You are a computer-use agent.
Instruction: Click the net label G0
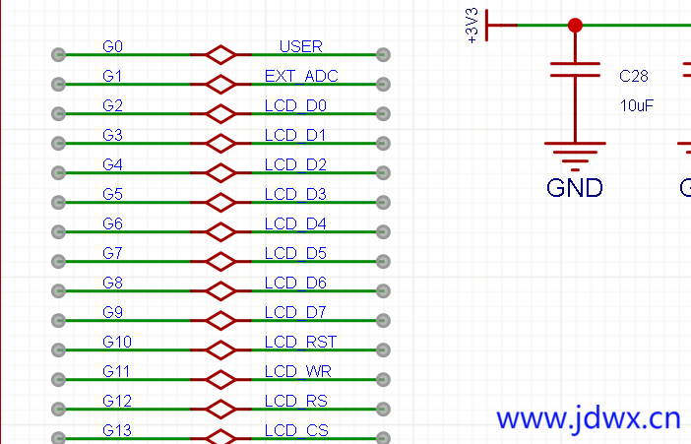click(112, 46)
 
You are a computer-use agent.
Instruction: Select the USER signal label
click(300, 46)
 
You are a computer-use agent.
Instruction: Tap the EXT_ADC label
click(301, 76)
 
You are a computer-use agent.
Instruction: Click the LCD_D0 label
click(295, 105)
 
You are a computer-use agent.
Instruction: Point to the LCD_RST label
click(300, 342)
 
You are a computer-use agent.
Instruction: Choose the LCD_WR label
click(298, 371)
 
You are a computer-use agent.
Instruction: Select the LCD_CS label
click(296, 430)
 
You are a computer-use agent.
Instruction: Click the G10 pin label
click(116, 342)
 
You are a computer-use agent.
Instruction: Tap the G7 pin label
click(112, 253)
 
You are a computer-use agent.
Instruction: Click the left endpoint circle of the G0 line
click(58, 55)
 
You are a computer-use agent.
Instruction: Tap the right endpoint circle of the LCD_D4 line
click(383, 232)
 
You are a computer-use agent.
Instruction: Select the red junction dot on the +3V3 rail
click(575, 26)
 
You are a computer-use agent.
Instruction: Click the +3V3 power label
click(472, 26)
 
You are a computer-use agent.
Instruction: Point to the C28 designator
click(634, 76)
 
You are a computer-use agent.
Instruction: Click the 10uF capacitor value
click(637, 105)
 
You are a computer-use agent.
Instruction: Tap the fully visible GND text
click(575, 187)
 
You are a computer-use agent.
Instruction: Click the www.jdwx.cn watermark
click(589, 418)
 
